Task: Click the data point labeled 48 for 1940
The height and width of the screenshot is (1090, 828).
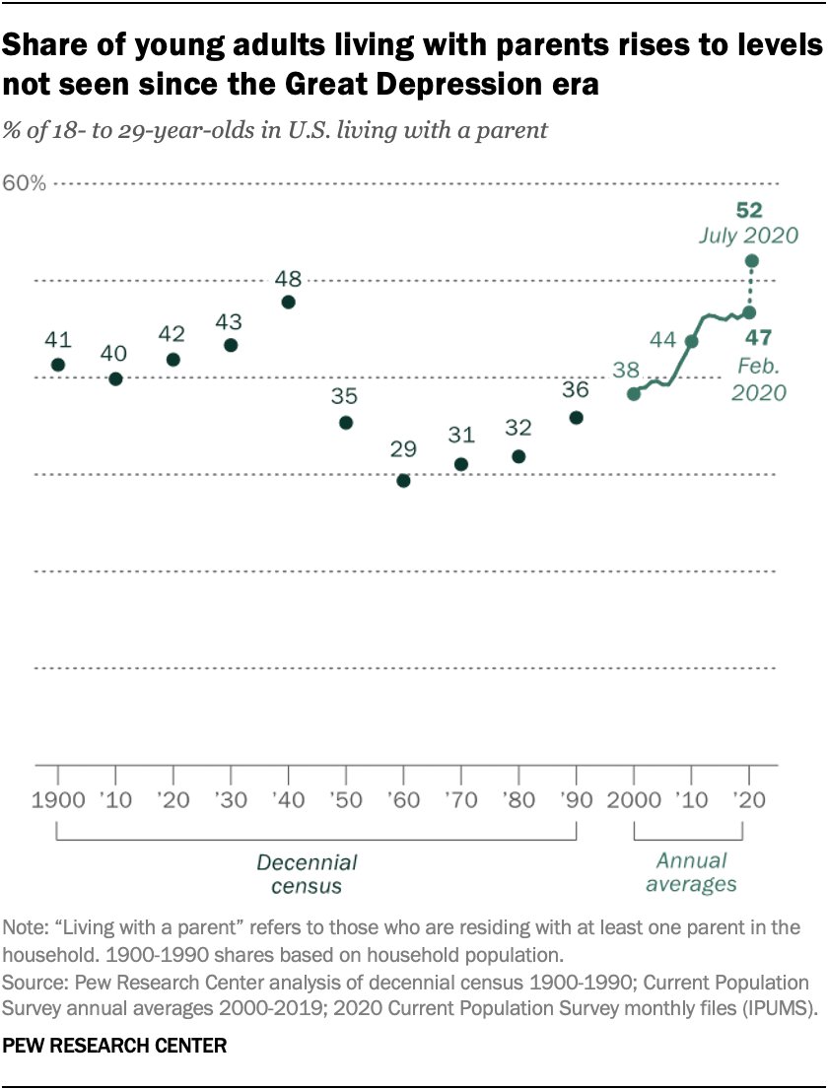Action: (288, 303)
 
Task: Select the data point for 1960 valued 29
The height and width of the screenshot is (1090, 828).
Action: (403, 481)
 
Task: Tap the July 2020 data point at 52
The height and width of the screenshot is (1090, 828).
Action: (751, 261)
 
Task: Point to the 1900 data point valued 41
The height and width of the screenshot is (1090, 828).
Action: (58, 365)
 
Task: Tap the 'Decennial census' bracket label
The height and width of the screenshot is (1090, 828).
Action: (307, 874)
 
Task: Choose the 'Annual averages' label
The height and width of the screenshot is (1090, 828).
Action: (691, 872)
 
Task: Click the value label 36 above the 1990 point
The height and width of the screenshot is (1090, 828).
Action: (575, 389)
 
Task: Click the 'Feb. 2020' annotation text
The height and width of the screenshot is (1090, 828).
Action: (758, 378)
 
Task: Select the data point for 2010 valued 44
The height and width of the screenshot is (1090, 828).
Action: (691, 341)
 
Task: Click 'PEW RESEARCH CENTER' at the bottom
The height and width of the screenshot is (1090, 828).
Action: (115, 1046)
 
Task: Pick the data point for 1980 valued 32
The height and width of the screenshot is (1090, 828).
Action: (518, 456)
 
